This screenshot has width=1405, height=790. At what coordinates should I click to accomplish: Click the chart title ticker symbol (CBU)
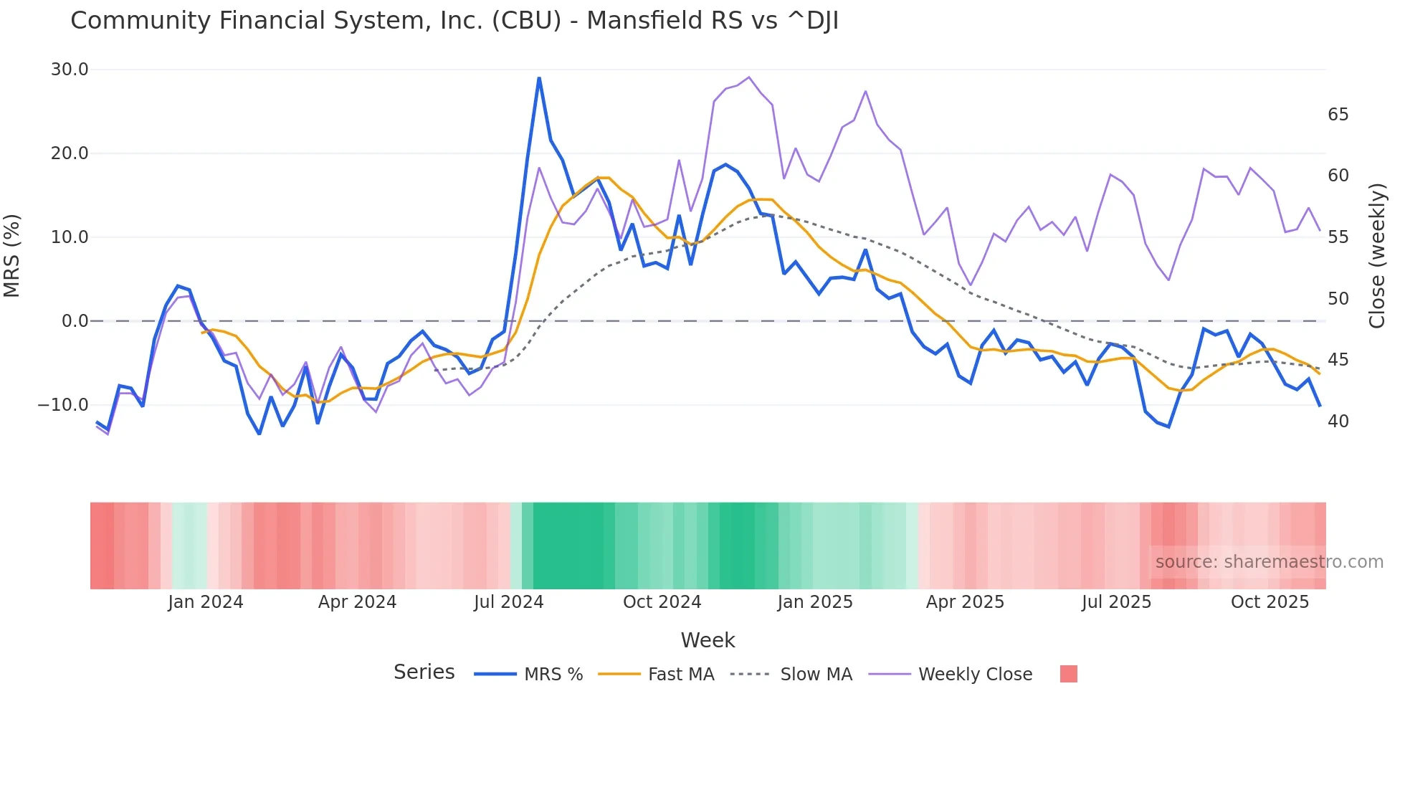click(526, 21)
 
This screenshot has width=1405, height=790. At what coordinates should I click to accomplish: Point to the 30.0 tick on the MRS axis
click(70, 70)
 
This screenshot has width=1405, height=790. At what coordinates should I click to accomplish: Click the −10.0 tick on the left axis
click(63, 405)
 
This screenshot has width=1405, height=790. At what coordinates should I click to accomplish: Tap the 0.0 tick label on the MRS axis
click(75, 321)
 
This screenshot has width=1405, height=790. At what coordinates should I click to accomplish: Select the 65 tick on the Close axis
click(1338, 115)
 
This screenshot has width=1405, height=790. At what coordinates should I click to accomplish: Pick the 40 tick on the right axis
click(1338, 422)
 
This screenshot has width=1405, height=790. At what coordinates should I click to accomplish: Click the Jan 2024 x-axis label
click(206, 602)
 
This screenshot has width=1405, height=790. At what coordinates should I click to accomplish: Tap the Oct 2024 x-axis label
click(662, 602)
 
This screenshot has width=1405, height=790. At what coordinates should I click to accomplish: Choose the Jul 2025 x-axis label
click(1116, 602)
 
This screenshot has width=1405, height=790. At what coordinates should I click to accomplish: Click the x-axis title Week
click(708, 640)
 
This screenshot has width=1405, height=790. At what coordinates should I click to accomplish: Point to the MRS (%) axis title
click(12, 255)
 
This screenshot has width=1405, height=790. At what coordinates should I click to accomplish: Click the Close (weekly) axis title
click(1376, 255)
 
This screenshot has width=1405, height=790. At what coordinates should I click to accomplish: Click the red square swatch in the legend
click(1068, 674)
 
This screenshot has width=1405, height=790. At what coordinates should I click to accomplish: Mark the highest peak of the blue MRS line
click(539, 77)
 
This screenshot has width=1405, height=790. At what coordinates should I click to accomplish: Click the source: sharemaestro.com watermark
click(1269, 562)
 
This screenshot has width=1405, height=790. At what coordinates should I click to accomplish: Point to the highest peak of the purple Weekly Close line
click(749, 77)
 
